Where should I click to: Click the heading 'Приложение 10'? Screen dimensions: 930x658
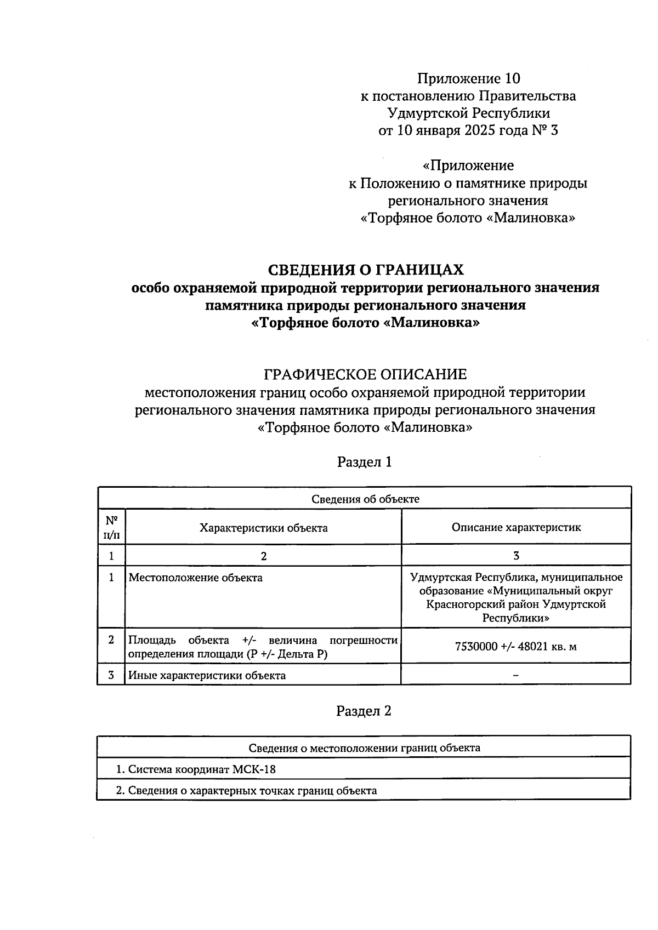tap(468, 78)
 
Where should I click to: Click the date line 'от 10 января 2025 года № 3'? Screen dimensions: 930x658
tap(468, 131)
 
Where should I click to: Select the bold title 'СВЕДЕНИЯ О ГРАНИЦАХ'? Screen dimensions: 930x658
tap(365, 270)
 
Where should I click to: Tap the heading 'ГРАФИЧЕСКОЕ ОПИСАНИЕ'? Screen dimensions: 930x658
tap(365, 375)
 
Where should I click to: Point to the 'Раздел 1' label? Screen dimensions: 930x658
tap(365, 462)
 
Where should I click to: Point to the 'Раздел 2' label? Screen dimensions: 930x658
tap(364, 711)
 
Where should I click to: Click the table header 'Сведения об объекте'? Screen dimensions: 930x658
tap(365, 499)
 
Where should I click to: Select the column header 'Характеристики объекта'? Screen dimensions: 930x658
tap(264, 528)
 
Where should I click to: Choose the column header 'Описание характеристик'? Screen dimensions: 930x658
tap(516, 527)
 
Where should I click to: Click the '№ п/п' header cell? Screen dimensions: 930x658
tap(111, 527)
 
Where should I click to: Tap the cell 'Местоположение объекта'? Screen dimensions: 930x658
tap(195, 578)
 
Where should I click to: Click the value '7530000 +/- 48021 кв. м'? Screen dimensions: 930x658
tap(516, 647)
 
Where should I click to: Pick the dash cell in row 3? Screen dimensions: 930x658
tap(516, 676)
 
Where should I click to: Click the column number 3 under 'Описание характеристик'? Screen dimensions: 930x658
tap(516, 556)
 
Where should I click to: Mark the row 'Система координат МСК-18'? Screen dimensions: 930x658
tap(195, 769)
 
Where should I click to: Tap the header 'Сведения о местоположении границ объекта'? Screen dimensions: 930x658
tap(365, 748)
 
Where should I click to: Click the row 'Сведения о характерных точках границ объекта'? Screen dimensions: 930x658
tap(246, 791)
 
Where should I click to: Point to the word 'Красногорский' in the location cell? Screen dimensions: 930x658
tap(464, 604)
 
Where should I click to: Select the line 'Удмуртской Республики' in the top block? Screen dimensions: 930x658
tap(468, 113)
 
